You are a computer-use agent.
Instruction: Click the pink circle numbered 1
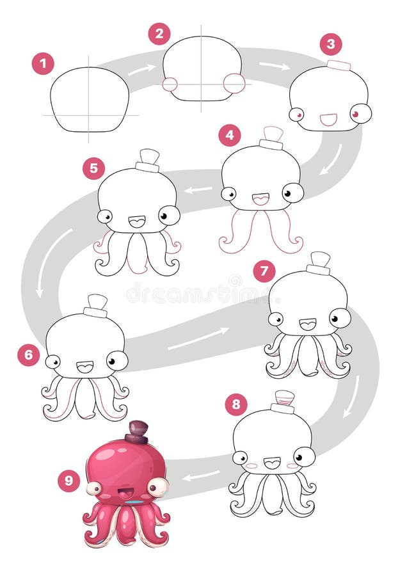coord(43,63)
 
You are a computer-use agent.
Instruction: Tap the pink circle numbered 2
coord(159,33)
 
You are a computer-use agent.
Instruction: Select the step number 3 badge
coord(331,44)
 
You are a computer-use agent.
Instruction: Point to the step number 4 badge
coord(230,136)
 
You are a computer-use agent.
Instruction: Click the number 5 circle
coord(93,168)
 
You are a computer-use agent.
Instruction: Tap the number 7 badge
coord(264,271)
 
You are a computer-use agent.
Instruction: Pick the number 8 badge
coord(236,404)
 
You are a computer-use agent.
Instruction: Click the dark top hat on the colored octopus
coord(137,432)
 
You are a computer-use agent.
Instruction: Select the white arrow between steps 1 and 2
coord(141,69)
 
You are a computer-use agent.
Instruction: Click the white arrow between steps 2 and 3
coord(275,65)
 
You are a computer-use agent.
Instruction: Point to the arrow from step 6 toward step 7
coord(198,339)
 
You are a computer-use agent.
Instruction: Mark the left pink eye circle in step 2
coord(170,84)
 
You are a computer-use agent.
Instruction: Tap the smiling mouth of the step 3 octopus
coord(328,118)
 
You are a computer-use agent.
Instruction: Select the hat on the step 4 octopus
coord(272,138)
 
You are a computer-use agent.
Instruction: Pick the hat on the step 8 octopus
coord(283,401)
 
